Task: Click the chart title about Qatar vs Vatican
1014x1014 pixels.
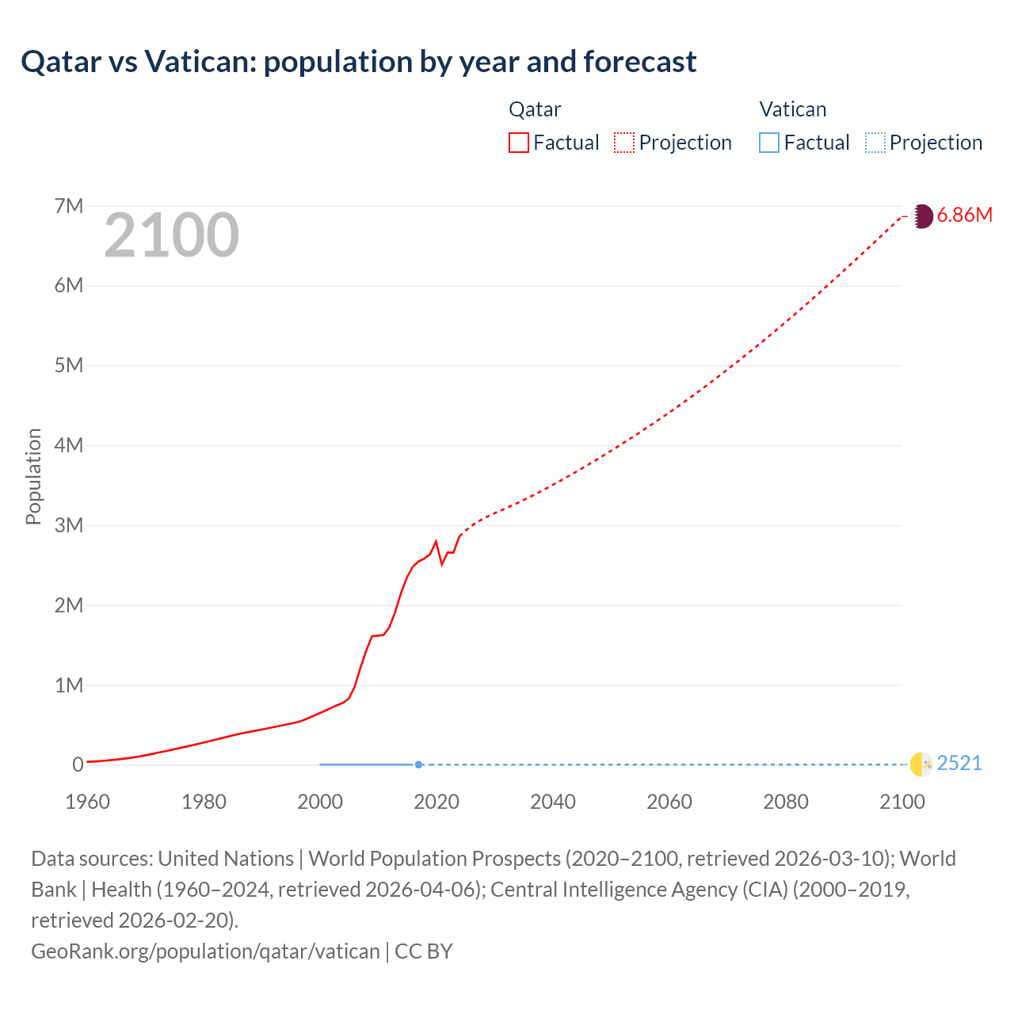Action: point(358,62)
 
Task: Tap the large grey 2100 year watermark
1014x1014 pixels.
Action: point(171,235)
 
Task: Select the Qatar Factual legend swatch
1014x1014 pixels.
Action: point(518,143)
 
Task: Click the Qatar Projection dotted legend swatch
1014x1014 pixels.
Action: point(624,143)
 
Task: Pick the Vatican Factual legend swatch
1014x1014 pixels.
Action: point(768,143)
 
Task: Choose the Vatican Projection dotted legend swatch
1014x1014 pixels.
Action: point(875,143)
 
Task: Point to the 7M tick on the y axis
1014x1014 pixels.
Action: point(69,206)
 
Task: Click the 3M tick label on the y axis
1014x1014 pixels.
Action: point(69,525)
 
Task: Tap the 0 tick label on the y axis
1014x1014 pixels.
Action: point(78,764)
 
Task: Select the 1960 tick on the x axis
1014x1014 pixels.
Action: point(87,802)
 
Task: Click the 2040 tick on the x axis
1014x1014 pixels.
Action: point(553,802)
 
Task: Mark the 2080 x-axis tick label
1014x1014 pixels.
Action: point(786,802)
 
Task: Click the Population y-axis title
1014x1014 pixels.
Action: point(33,476)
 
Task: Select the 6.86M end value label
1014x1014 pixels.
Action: point(964,215)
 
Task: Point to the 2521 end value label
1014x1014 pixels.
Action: point(959,764)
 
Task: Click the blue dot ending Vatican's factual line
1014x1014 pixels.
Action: point(418,764)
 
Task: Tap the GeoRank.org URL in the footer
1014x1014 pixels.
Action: point(205,951)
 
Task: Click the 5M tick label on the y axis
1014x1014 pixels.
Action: point(69,365)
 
